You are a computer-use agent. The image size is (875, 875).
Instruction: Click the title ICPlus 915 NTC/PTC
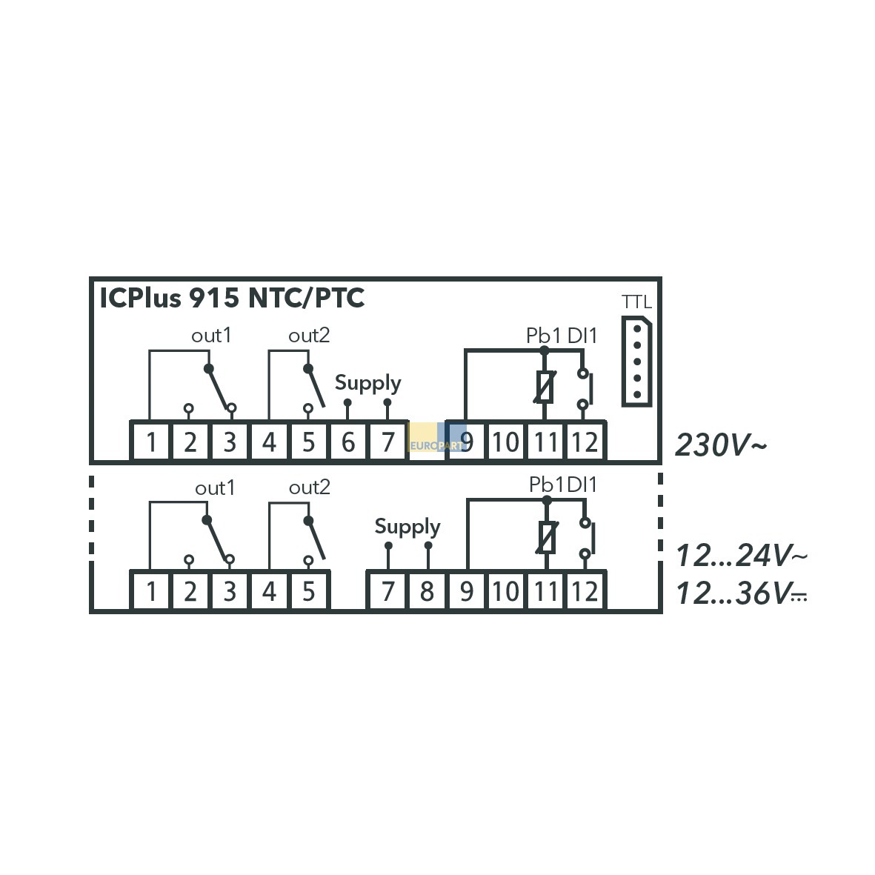(232, 298)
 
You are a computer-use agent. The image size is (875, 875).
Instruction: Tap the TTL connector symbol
(636, 361)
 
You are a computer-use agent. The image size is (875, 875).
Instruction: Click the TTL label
(636, 302)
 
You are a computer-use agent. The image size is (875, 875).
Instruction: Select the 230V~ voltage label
(721, 445)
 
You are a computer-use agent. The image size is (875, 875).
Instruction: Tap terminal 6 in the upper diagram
(348, 442)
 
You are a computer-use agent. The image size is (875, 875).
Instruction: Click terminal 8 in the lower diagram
(427, 591)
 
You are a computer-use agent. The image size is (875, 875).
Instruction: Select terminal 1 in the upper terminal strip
(150, 442)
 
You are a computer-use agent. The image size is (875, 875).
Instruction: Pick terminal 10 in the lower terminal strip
(506, 591)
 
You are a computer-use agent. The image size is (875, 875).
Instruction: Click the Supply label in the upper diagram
(367, 383)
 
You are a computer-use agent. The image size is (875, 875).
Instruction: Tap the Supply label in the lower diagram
(407, 527)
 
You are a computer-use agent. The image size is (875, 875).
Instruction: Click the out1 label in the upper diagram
(211, 336)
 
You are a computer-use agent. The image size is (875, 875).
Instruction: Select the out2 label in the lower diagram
(309, 488)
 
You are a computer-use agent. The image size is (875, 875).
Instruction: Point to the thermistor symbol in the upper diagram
(545, 387)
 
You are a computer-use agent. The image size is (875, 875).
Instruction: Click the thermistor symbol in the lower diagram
(547, 537)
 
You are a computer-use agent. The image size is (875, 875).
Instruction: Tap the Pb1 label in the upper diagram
(544, 336)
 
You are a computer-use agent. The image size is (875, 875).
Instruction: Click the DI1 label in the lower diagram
(582, 485)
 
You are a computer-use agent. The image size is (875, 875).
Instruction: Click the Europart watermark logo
(437, 437)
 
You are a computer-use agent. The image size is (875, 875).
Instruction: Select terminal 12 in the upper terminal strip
(585, 442)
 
